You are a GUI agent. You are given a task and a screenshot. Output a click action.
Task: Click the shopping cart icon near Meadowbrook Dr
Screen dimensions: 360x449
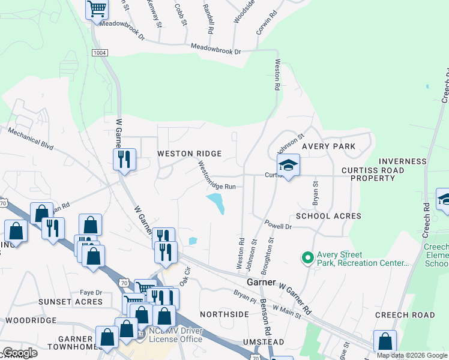(x=96, y=10)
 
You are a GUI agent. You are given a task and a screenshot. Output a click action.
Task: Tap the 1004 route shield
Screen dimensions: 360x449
(x=100, y=53)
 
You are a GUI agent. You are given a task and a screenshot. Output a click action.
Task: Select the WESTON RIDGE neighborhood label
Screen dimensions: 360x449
(x=189, y=154)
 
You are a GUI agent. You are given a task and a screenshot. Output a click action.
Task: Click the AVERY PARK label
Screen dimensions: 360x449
(x=328, y=146)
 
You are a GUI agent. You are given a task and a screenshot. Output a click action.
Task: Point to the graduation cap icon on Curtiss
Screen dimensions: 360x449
(x=288, y=166)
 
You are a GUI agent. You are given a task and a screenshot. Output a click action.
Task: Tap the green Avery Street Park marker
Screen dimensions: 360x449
(x=307, y=258)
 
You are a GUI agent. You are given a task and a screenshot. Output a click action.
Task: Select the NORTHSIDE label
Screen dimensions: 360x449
(x=224, y=314)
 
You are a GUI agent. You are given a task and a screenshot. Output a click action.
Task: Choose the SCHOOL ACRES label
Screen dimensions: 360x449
(x=328, y=216)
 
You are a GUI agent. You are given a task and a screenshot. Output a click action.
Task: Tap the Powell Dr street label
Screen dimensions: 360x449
(x=279, y=227)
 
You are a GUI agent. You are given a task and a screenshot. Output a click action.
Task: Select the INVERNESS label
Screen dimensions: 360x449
(x=402, y=161)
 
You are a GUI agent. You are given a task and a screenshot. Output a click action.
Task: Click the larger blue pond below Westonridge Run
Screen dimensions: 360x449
(x=216, y=203)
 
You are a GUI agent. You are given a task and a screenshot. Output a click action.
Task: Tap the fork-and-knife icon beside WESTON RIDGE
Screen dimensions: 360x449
(x=124, y=160)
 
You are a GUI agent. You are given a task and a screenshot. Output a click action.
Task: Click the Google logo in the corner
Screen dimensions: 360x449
(x=19, y=353)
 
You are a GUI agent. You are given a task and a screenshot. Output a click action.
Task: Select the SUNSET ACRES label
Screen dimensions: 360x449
(x=71, y=302)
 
